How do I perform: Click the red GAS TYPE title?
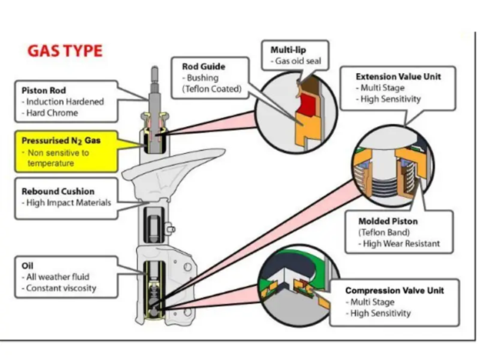(65, 52)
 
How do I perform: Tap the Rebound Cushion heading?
(59, 191)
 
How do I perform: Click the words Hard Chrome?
(54, 114)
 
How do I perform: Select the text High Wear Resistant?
(403, 244)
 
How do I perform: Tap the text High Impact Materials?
(67, 202)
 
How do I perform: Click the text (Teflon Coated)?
(212, 89)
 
